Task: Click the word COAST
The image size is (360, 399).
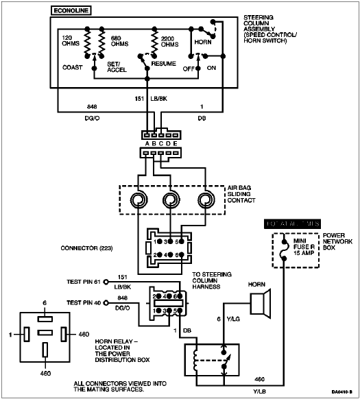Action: [x=72, y=67]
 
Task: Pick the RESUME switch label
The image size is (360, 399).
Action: [x=163, y=62]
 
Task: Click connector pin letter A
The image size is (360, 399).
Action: [x=146, y=143]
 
